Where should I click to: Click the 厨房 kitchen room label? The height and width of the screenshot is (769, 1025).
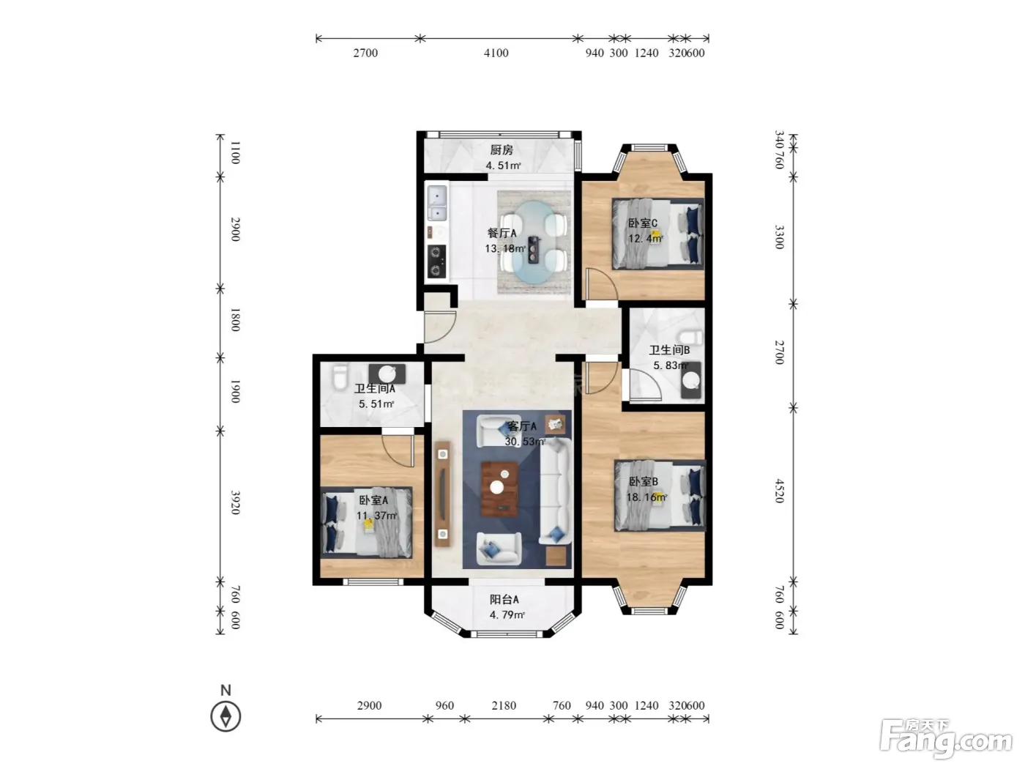click(x=501, y=150)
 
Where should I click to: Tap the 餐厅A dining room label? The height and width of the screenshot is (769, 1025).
click(x=502, y=233)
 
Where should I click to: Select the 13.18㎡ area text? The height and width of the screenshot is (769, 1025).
click(x=505, y=248)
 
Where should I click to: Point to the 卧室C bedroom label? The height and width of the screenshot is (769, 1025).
click(x=643, y=223)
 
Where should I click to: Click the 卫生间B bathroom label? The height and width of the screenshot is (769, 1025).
click(x=669, y=350)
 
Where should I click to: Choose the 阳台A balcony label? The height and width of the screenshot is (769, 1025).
click(x=504, y=600)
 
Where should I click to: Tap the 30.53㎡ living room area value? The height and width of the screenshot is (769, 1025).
click(x=525, y=442)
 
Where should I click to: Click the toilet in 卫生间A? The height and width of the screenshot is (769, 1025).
click(x=340, y=377)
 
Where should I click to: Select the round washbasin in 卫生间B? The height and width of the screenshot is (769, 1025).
click(x=690, y=381)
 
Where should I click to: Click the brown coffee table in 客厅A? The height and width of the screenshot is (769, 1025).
click(x=499, y=488)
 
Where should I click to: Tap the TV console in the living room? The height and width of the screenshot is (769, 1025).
click(x=443, y=494)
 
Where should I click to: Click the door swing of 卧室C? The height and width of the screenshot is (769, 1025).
click(x=602, y=284)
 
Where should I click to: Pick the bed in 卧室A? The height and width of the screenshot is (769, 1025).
click(x=366, y=522)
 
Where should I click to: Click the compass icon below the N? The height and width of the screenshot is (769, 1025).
click(x=225, y=717)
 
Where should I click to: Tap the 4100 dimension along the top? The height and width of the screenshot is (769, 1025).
click(x=496, y=53)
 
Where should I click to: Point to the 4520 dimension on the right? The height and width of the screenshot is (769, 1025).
click(x=780, y=491)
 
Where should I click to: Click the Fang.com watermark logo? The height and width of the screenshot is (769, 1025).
click(x=946, y=740)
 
